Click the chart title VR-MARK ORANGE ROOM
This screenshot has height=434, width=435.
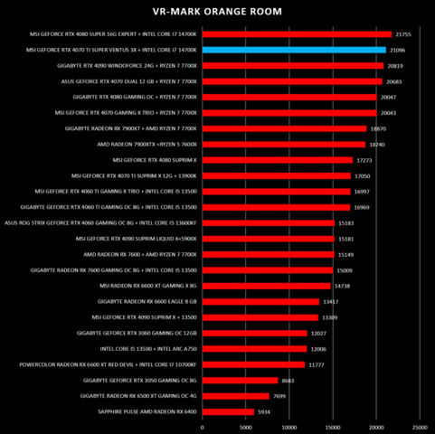217,12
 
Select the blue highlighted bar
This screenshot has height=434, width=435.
294,50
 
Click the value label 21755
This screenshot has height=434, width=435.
406,34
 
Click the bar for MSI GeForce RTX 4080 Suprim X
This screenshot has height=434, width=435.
278,160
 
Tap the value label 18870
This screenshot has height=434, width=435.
381,128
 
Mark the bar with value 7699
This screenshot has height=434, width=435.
236,395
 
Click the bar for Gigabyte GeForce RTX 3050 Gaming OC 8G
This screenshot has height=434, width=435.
241,380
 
